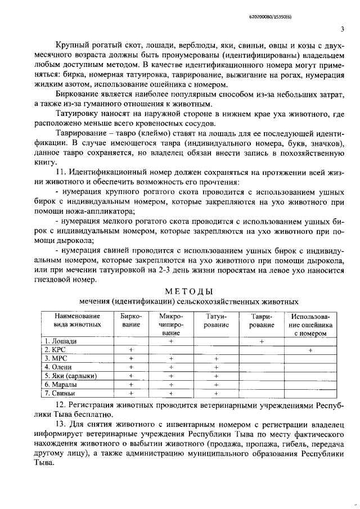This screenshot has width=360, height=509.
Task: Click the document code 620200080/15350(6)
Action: pyautogui.click(x=312, y=17)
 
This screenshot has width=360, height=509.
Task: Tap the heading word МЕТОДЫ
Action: pyautogui.click(x=188, y=291)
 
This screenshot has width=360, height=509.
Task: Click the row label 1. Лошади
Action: pyautogui.click(x=61, y=341)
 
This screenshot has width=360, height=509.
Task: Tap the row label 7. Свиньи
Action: pyautogui.click(x=61, y=393)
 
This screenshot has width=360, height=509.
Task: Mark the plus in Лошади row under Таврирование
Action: pyautogui.click(x=262, y=341)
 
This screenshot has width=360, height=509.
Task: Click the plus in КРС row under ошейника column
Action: pyautogui.click(x=310, y=350)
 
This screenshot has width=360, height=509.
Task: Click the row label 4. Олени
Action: pyautogui.click(x=60, y=367)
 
